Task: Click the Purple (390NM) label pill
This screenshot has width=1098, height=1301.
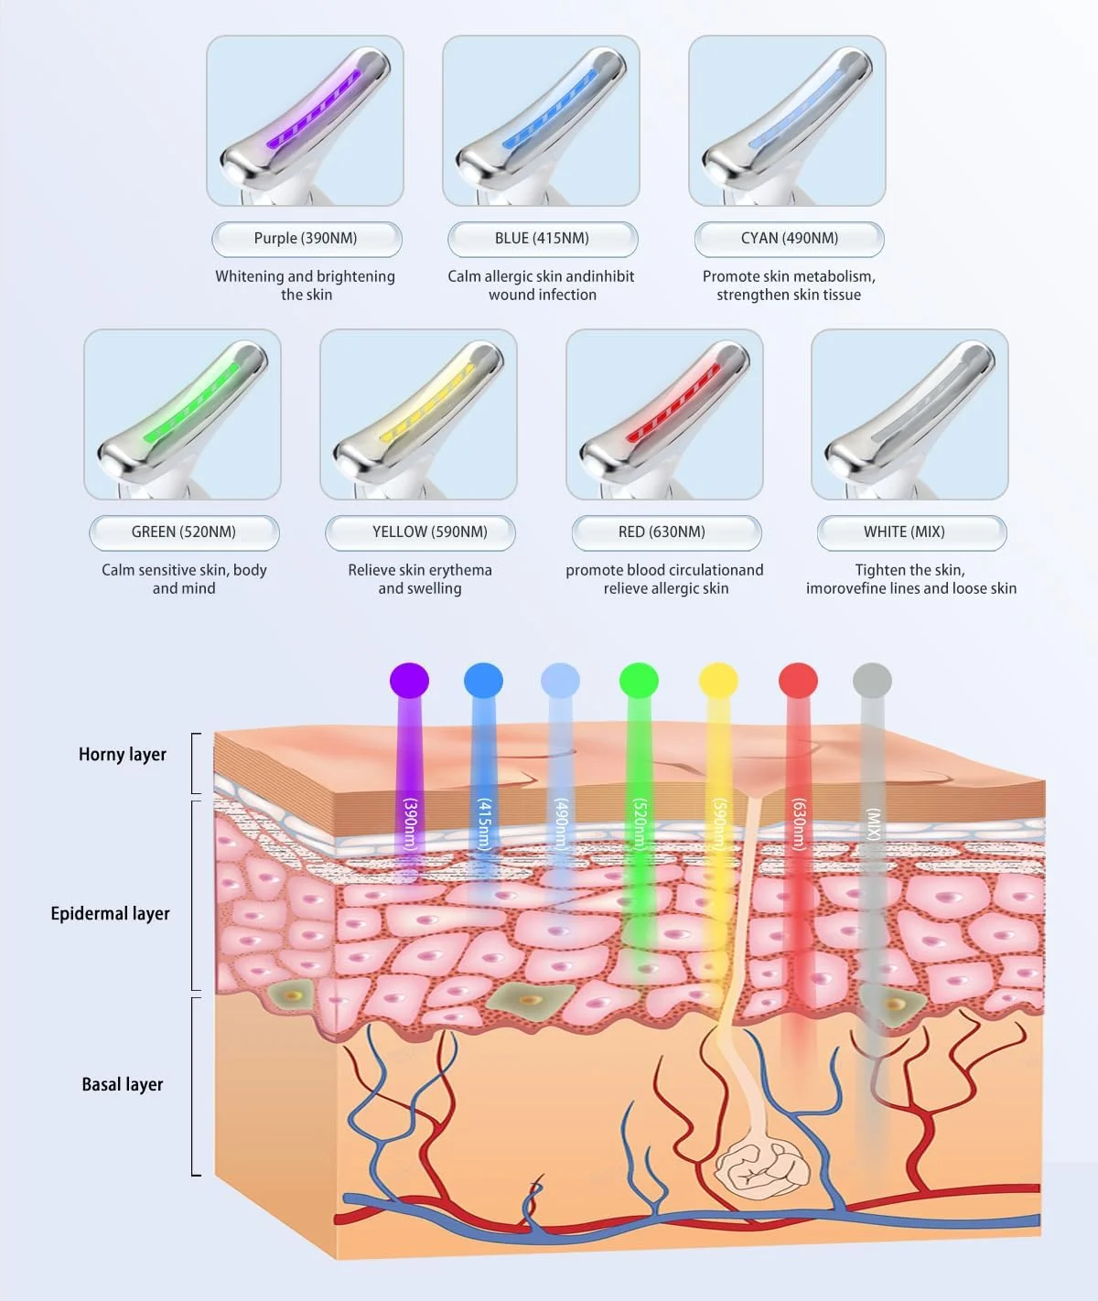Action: coord(306,239)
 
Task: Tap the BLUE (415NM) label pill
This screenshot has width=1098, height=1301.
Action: coord(542,239)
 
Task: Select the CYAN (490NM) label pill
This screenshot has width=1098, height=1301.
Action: coord(789,239)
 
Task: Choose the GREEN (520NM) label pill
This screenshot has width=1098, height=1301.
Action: coord(184,532)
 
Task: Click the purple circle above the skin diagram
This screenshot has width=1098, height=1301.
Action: coord(409,681)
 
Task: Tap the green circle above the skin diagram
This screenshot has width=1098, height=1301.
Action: coord(639,681)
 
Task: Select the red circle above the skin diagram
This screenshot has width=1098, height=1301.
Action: coord(798,681)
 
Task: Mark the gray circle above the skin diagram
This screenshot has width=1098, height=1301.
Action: coord(872,681)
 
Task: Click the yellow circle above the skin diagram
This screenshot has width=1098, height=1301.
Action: coord(718,681)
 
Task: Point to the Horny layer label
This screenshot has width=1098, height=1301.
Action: coord(123,755)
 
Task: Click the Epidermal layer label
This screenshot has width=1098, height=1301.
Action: coord(110,914)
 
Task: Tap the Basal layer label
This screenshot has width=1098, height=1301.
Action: coord(123,1085)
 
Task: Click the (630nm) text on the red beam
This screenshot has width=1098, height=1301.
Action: coord(799,824)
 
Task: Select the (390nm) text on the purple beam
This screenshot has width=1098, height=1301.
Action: coord(410,824)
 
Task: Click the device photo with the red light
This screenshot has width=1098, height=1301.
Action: coord(664,414)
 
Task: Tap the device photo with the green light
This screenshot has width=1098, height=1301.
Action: coord(182,414)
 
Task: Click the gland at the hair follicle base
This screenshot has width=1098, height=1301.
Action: coord(761,1167)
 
